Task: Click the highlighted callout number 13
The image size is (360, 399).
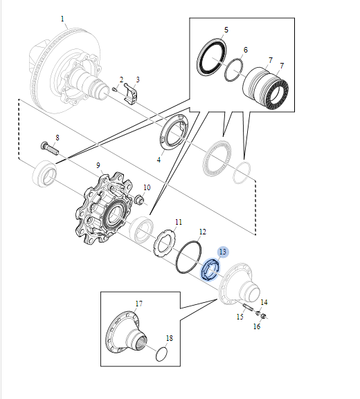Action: (222, 252)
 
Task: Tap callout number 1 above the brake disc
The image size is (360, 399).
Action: (62, 19)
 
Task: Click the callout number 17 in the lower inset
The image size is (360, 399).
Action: (138, 303)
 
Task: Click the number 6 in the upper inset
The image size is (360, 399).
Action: (245, 50)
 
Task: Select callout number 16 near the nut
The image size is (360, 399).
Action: (256, 326)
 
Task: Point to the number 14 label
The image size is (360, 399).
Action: (264, 302)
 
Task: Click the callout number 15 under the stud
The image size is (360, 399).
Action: (240, 317)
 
